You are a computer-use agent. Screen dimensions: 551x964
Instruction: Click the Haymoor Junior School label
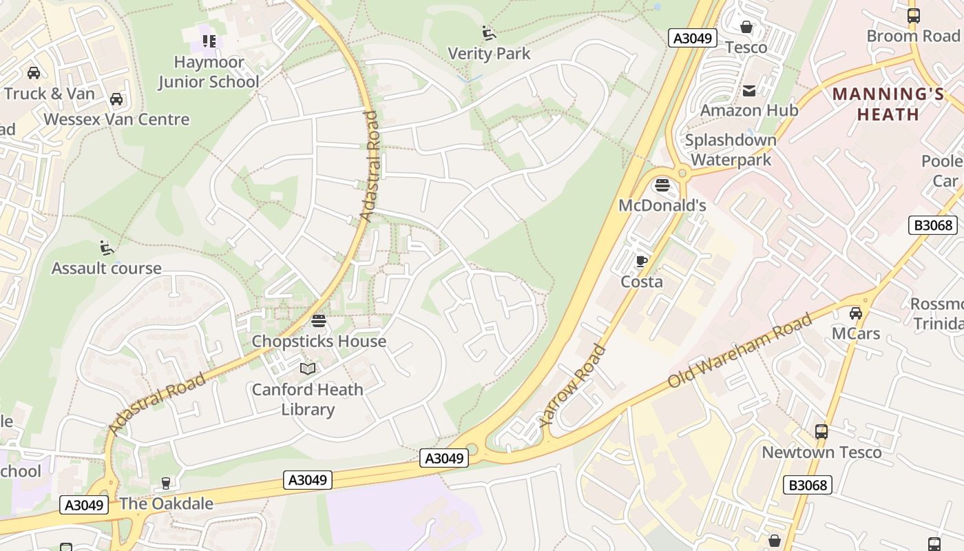(209, 72)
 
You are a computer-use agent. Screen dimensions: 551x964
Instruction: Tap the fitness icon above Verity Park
(489, 32)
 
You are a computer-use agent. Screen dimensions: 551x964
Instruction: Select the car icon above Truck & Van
(33, 72)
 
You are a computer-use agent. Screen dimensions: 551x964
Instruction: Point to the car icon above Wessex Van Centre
(116, 99)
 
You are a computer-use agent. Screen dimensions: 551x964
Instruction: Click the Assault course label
(107, 268)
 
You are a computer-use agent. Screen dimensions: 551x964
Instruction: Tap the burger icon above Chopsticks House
(318, 320)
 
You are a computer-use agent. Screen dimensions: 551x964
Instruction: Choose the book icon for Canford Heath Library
(308, 369)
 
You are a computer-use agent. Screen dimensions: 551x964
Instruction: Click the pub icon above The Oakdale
(165, 484)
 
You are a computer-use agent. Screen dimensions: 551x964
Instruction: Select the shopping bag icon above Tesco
(746, 27)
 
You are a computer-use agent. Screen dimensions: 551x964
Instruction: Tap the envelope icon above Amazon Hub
(748, 90)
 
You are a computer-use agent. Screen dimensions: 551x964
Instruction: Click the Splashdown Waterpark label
(731, 149)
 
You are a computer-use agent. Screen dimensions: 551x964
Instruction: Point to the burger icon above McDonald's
(662, 185)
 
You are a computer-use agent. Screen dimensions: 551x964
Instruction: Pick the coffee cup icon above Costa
(641, 261)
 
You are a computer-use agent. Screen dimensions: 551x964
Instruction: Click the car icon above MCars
(855, 313)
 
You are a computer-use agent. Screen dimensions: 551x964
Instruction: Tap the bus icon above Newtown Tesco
(821, 432)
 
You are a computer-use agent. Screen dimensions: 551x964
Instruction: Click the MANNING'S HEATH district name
(888, 104)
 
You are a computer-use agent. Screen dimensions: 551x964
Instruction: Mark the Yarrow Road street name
(573, 386)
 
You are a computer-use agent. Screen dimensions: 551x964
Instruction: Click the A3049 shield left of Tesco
(693, 38)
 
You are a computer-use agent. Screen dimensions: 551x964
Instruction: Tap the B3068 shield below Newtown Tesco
(807, 485)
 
